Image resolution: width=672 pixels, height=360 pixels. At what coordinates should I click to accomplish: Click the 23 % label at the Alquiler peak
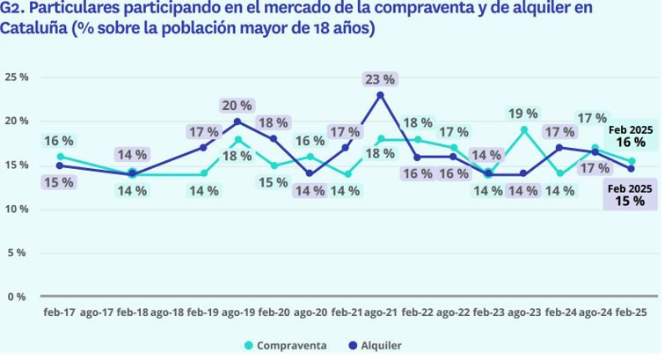[x=379, y=78]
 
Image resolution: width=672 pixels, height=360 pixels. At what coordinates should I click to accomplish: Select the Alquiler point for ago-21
[x=380, y=95]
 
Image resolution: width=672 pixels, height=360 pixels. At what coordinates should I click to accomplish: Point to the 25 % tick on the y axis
[x=17, y=77]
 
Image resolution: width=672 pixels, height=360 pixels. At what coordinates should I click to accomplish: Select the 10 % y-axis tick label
[x=17, y=209]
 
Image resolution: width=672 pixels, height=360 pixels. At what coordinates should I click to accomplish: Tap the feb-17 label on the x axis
[x=60, y=312]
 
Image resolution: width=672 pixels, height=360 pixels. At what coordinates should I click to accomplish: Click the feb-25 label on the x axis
[x=632, y=312]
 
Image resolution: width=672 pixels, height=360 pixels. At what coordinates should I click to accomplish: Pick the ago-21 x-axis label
[x=380, y=312]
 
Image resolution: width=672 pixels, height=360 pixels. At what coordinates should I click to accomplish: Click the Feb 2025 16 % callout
[x=630, y=136]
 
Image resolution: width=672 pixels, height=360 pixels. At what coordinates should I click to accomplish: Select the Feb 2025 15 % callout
[x=630, y=195]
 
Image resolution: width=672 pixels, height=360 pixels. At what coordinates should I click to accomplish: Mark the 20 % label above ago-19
[x=237, y=106]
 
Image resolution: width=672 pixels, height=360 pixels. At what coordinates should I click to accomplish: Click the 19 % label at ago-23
[x=523, y=113]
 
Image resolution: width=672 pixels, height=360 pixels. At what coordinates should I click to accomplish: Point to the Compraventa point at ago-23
[x=523, y=130]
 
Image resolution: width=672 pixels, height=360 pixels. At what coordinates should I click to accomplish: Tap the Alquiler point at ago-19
[x=237, y=121]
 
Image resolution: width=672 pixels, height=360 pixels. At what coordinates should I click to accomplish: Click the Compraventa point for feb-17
[x=60, y=157]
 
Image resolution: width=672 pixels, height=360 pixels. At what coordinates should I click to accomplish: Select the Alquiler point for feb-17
[x=60, y=165]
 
